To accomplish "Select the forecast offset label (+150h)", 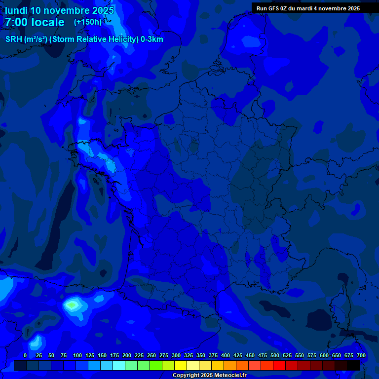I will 87,22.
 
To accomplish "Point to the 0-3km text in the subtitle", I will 152,39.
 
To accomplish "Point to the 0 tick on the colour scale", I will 25,355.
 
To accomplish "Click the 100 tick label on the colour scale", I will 77,355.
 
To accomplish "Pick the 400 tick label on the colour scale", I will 226,355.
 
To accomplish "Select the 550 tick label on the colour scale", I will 300,355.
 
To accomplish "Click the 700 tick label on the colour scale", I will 361,355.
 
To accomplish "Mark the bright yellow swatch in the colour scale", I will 181,365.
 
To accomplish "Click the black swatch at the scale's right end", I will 353,365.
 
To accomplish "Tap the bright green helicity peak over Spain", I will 73,304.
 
